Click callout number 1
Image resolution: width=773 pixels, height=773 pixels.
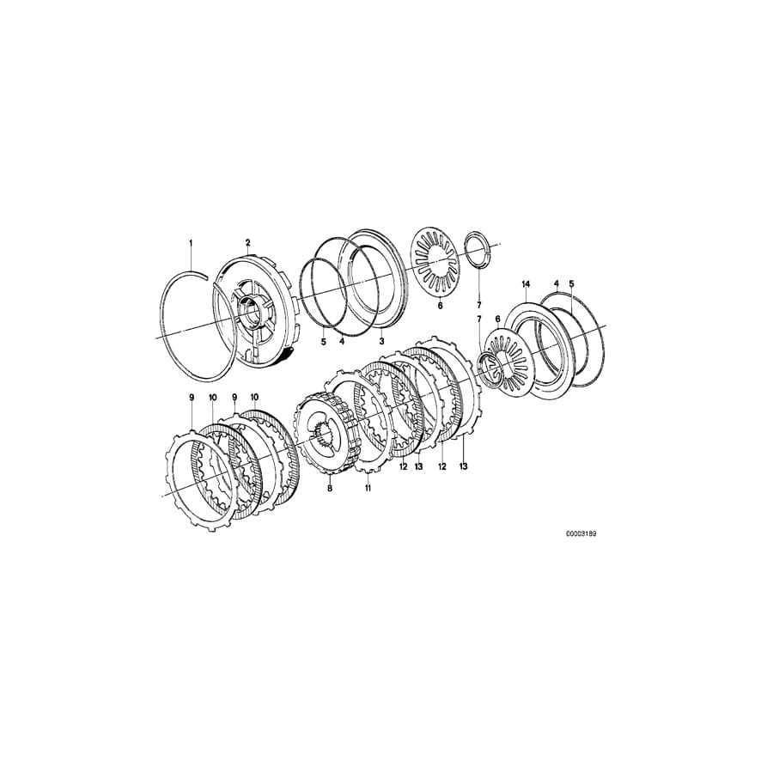pyautogui.click(x=192, y=243)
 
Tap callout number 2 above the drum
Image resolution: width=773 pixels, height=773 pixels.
pyautogui.click(x=247, y=243)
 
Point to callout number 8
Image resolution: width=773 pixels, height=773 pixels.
pyautogui.click(x=329, y=488)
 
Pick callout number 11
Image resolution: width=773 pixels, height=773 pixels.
pyautogui.click(x=367, y=488)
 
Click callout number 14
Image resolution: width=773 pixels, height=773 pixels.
pyautogui.click(x=526, y=283)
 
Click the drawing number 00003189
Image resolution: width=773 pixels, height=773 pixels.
pyautogui.click(x=581, y=533)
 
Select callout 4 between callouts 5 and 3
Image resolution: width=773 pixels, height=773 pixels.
pyautogui.click(x=341, y=341)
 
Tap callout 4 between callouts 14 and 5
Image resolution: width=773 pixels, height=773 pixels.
pyautogui.click(x=556, y=283)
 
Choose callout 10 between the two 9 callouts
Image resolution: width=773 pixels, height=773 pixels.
pyautogui.click(x=212, y=397)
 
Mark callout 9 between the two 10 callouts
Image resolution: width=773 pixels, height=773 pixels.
pyautogui.click(x=234, y=397)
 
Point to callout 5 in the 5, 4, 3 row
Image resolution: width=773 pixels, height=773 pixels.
pyautogui.click(x=323, y=341)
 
